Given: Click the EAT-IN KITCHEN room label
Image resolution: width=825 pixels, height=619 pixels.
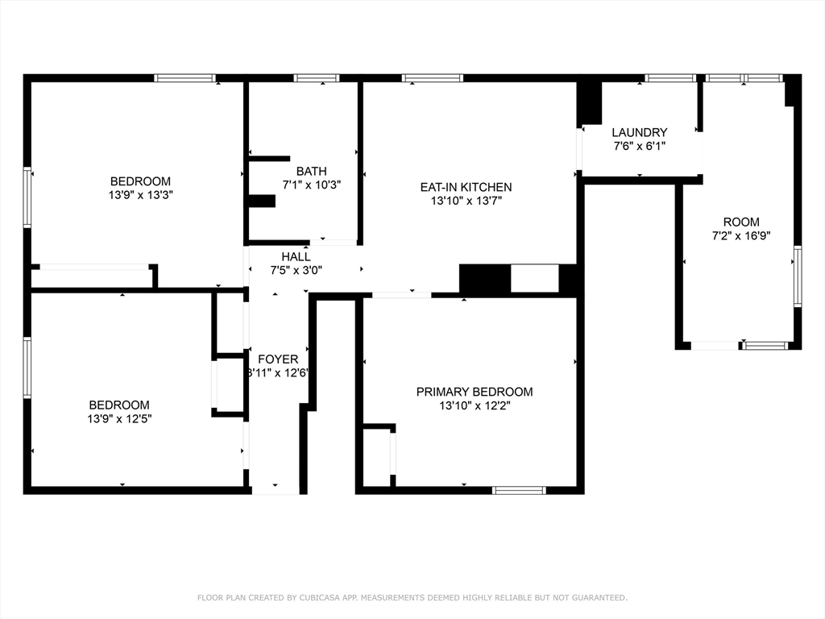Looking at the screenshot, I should (x=466, y=187).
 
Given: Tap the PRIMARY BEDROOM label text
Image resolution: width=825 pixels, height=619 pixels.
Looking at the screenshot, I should (x=474, y=392).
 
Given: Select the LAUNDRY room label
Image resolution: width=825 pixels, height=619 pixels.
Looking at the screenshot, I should (x=639, y=132).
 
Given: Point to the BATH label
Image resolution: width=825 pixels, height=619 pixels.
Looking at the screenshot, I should (x=311, y=171).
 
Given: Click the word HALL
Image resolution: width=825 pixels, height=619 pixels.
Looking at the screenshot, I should (x=296, y=256).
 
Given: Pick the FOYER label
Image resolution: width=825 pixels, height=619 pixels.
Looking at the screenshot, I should (x=278, y=359).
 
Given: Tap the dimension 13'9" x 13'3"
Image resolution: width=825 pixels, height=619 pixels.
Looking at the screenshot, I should (x=141, y=195).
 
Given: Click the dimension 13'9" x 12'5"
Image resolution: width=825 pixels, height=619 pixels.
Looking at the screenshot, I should (x=119, y=418).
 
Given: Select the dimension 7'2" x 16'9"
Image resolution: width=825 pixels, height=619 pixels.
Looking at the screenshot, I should (x=740, y=236).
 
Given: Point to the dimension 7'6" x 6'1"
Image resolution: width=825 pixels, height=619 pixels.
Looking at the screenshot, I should (x=639, y=146).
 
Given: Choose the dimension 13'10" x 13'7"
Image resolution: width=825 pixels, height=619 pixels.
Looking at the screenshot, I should (x=466, y=201).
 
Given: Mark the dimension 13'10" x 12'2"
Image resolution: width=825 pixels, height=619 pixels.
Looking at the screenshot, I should (x=474, y=405).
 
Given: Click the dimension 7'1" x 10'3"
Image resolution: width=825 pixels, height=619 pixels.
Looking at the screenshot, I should (x=311, y=185).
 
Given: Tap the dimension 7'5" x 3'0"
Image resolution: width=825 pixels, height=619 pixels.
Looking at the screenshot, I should (x=296, y=270).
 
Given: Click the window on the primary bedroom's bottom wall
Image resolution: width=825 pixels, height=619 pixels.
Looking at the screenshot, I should (x=519, y=490).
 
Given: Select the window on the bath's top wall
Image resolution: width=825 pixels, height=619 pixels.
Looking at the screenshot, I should (x=316, y=78).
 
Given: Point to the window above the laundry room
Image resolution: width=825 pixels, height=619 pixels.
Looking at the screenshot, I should (x=670, y=78).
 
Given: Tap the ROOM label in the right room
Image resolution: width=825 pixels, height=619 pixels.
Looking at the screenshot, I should (x=740, y=222).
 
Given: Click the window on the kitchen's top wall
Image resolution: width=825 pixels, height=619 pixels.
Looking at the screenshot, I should (x=433, y=78).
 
